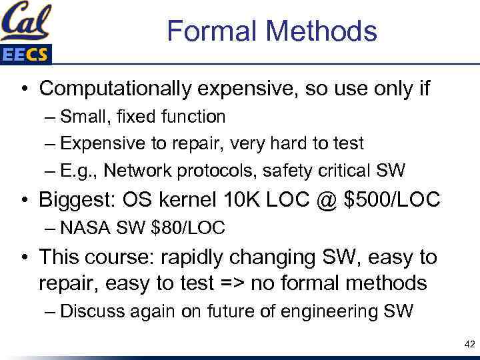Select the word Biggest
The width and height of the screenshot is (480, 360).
pos(81,199)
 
